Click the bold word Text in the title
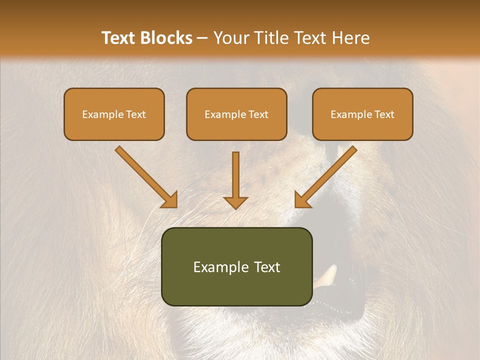118,38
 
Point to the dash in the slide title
202,38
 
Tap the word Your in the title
231,38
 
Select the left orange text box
114,114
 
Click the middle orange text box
236,114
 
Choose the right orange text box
362,114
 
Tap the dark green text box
236,266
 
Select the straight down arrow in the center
235,180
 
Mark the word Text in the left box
135,114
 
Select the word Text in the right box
384,114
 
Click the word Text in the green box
267,267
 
